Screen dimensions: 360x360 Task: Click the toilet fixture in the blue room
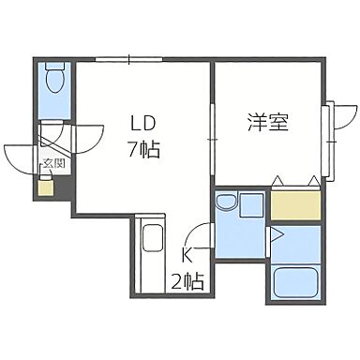55,79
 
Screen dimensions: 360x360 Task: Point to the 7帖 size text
142,147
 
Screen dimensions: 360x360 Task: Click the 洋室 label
267,123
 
